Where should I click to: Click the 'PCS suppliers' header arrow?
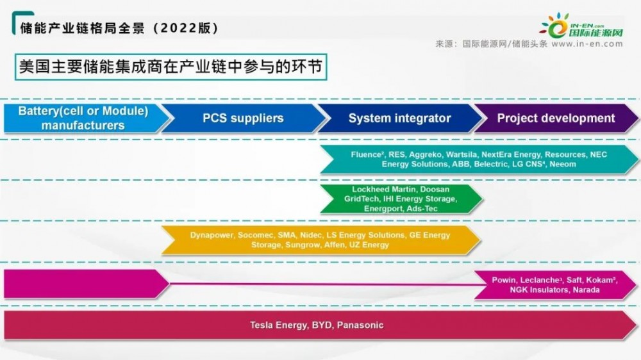pyautogui.click(x=244, y=118)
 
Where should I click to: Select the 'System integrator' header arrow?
pyautogui.click(x=400, y=118)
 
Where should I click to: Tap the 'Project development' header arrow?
pyautogui.click(x=556, y=118)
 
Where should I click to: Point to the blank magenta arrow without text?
pyautogui.click(x=87, y=284)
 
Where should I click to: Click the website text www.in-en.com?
pyautogui.click(x=587, y=44)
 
